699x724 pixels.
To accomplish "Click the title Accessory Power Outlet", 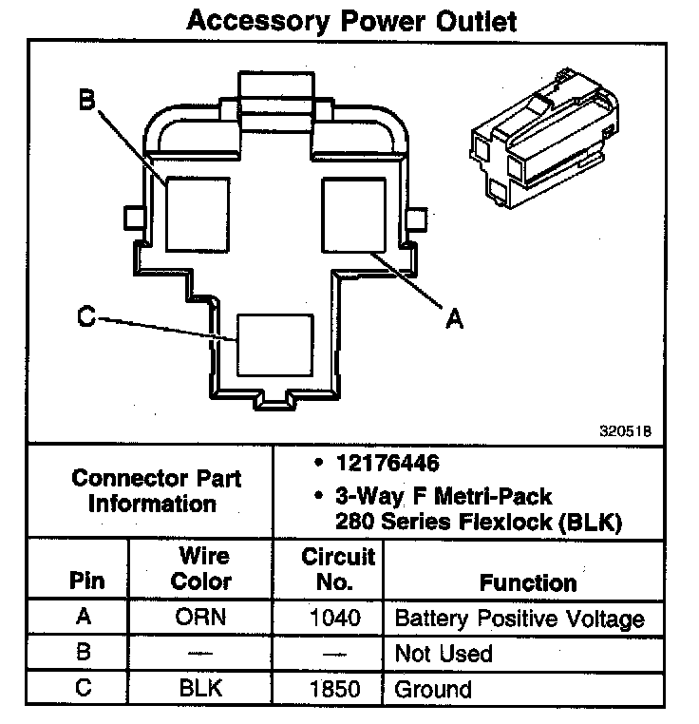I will click(351, 21).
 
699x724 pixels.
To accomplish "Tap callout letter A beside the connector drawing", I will click(455, 320).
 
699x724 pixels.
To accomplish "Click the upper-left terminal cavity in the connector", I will click(198, 213).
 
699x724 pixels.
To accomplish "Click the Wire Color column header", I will click(202, 568).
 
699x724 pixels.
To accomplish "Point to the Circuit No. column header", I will click(337, 568).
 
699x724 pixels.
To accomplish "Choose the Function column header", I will click(528, 581).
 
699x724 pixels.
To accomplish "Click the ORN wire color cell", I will click(201, 618).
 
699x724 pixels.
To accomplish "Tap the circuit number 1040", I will click(335, 618).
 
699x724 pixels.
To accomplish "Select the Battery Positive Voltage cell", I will click(519, 619).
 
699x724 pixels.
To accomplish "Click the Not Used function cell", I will click(444, 654).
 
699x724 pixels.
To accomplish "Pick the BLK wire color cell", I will click(200, 689).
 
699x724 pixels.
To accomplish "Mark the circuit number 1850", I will click(335, 689).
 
